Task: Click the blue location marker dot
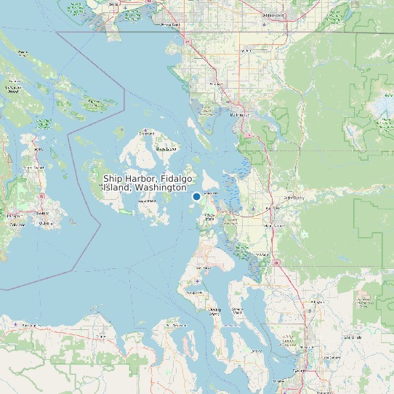click(x=196, y=196)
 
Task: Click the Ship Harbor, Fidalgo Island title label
click(x=145, y=182)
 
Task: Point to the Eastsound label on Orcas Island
click(x=148, y=134)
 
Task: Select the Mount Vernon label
click(x=274, y=226)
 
